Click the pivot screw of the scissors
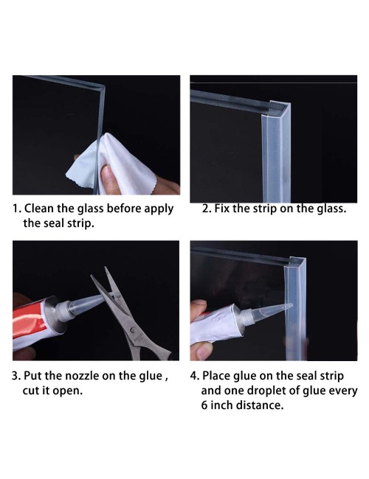tap(133, 330)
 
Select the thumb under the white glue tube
tap(204, 351)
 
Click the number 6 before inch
tap(204, 406)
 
